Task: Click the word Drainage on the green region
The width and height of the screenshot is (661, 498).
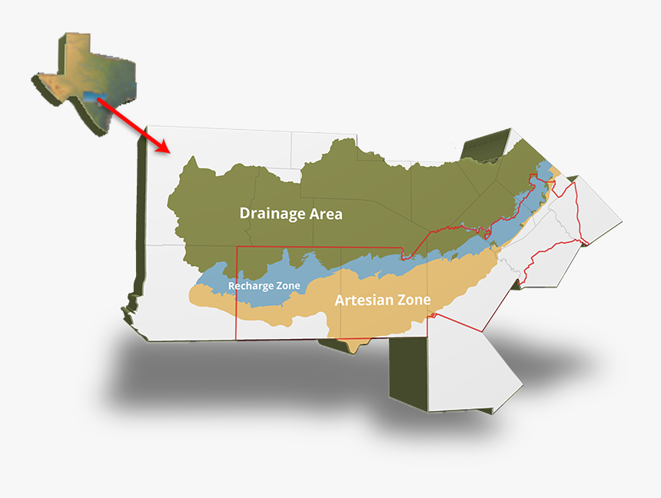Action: tap(270, 214)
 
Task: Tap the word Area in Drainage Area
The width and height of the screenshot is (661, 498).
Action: tap(324, 214)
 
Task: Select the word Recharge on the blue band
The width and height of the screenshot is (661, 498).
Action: tap(252, 286)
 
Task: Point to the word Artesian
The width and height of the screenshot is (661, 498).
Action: tap(363, 300)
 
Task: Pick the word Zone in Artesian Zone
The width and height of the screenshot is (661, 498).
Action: tap(412, 300)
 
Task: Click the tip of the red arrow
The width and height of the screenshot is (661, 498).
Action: tap(165, 150)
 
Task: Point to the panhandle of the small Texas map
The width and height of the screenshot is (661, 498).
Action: tap(73, 51)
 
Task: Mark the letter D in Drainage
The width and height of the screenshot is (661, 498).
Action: tap(244, 214)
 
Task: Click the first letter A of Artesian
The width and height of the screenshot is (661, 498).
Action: tap(340, 300)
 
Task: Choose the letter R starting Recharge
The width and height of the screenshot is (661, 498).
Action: tap(231, 286)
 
